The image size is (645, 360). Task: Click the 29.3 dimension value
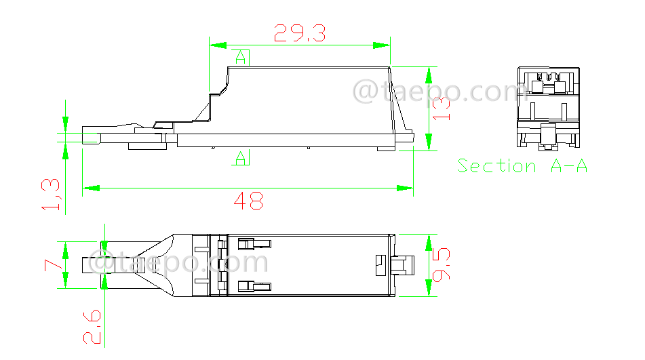[299, 33]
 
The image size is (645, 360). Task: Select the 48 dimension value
[248, 201]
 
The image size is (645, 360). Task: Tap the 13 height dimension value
[441, 108]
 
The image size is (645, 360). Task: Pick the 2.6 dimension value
[94, 326]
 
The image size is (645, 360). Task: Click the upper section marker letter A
[241, 58]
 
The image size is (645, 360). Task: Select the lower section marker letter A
[240, 159]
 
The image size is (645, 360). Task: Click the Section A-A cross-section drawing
[549, 107]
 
